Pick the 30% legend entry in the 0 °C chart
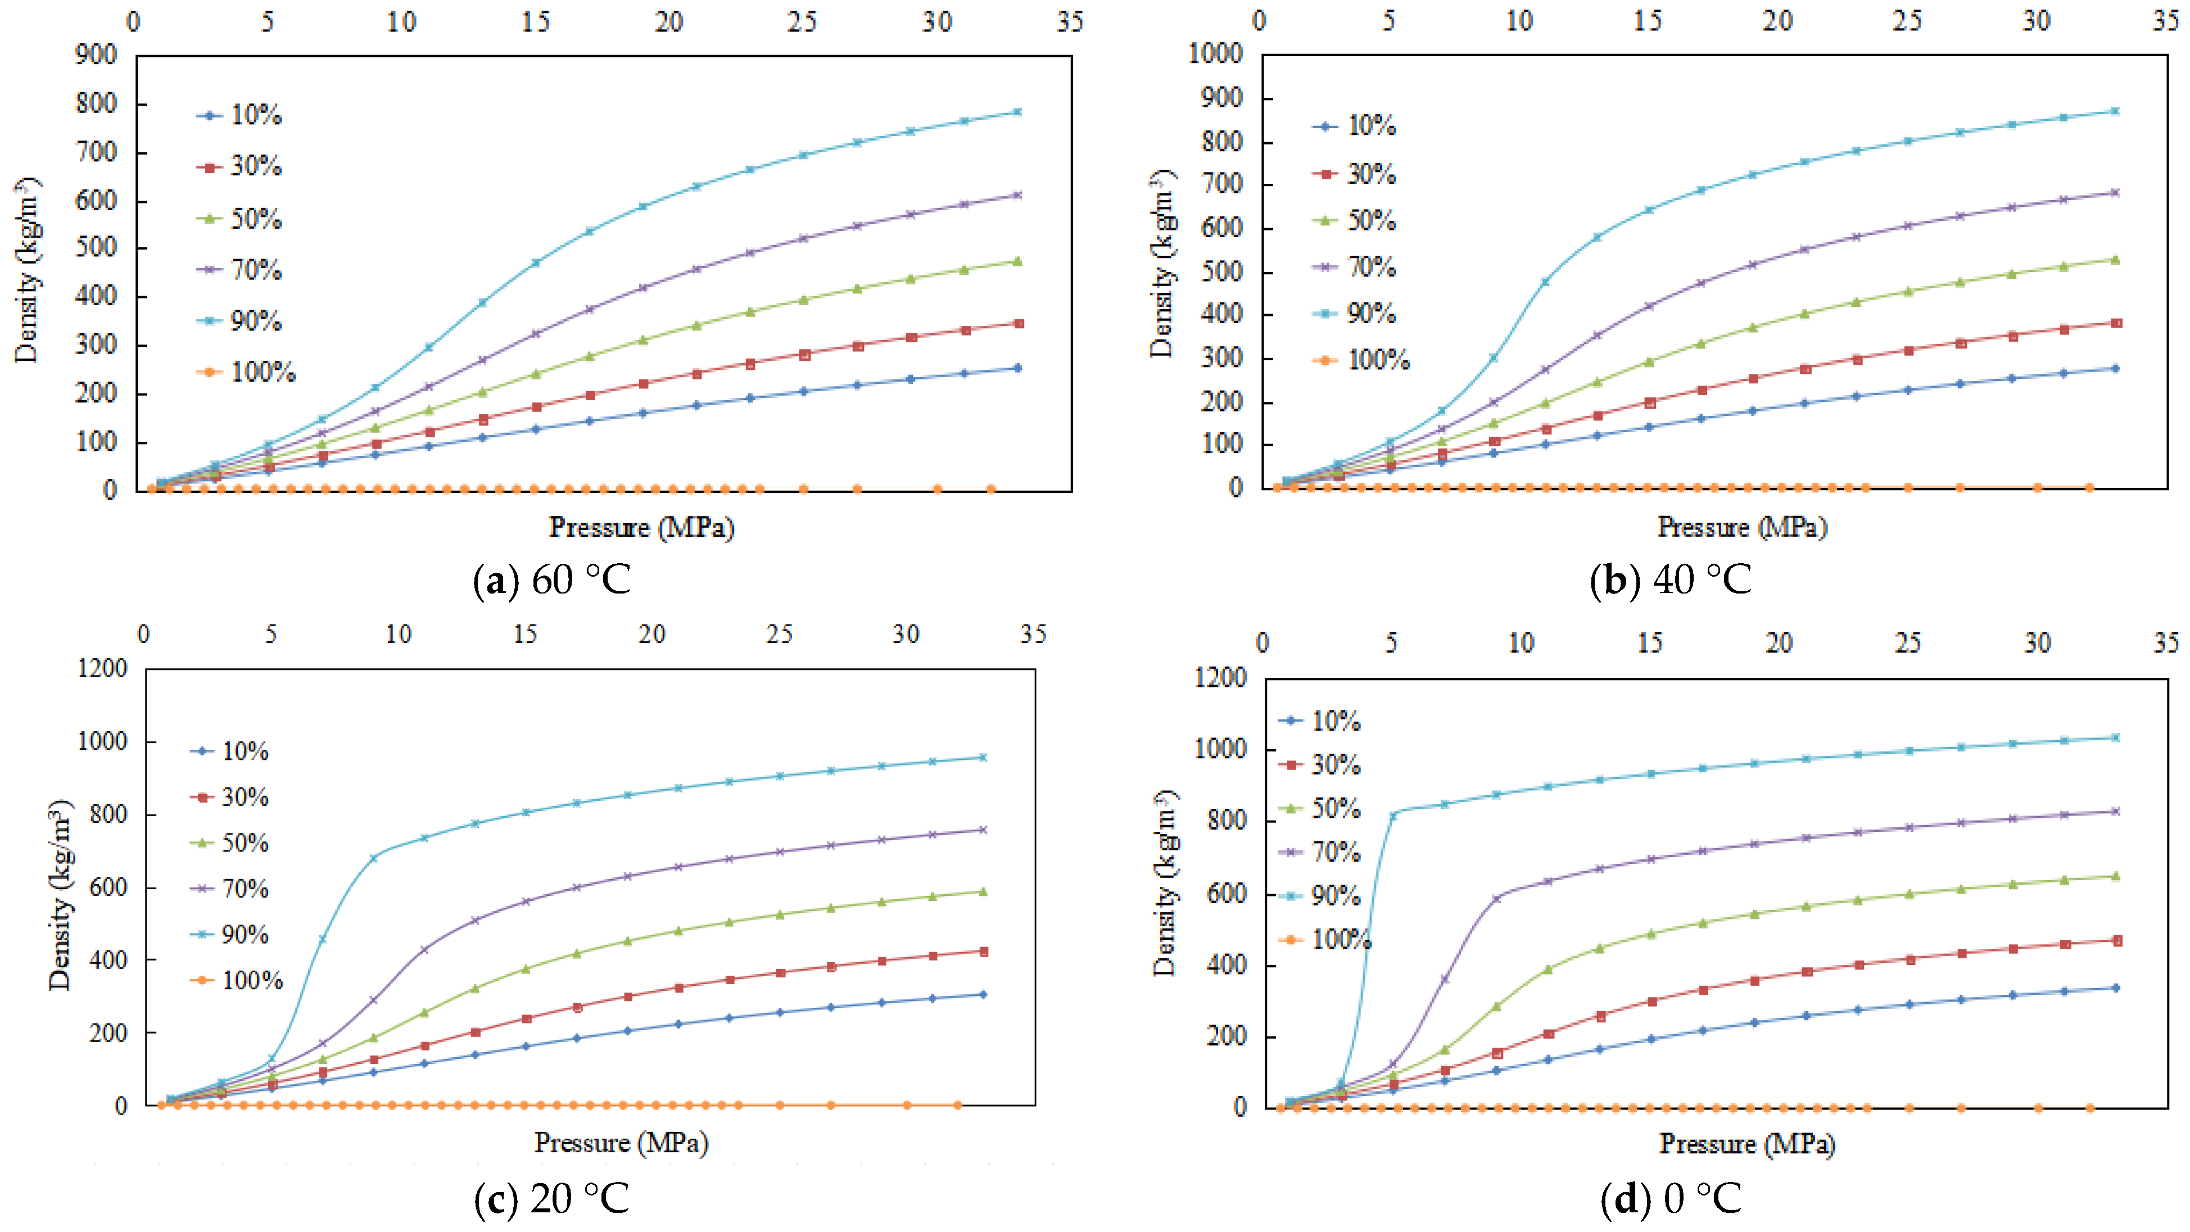point(1322,765)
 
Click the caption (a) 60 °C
point(552,580)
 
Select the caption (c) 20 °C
point(552,1199)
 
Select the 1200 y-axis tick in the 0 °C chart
point(1220,678)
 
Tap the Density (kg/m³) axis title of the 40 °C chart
point(1162,264)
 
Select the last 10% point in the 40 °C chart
point(2115,368)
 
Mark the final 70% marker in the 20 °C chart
point(983,830)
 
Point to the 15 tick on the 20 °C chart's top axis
point(526,635)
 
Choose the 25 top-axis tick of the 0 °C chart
point(1908,643)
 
